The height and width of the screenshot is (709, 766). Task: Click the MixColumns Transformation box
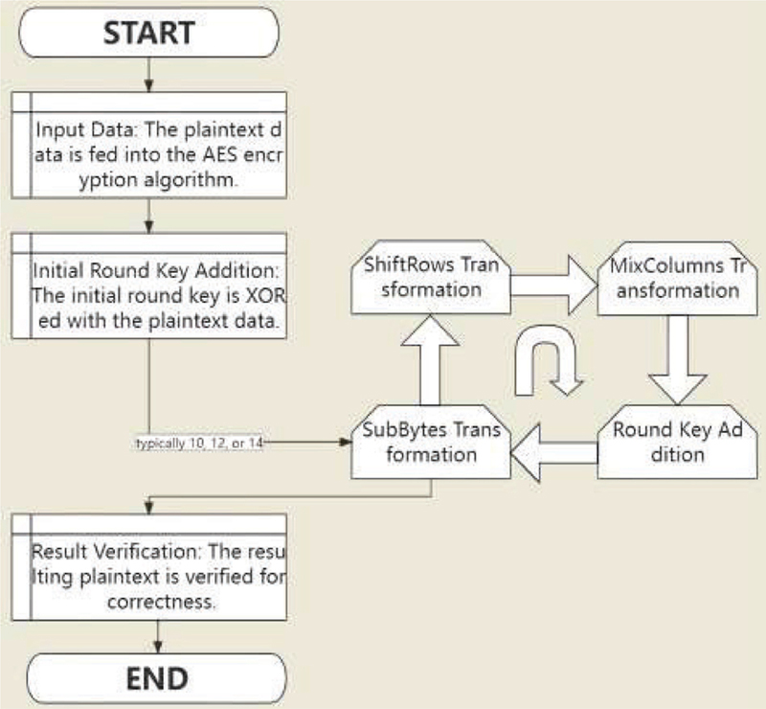[x=669, y=277]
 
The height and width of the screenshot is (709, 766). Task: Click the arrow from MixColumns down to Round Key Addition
[x=676, y=360]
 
